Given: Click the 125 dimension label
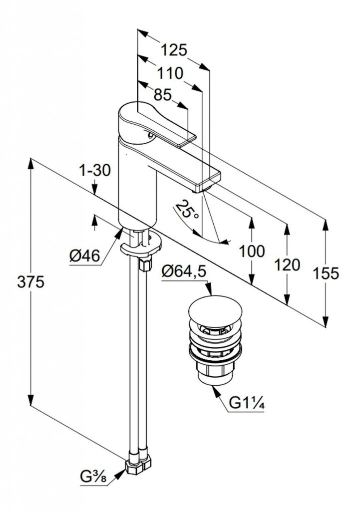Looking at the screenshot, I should click(x=174, y=50).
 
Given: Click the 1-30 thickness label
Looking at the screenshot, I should click(x=94, y=171).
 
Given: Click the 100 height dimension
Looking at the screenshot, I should click(x=252, y=251).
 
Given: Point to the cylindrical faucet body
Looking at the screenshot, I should click(x=137, y=185).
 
